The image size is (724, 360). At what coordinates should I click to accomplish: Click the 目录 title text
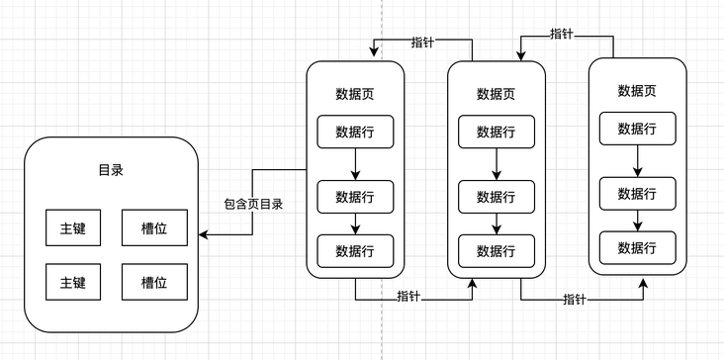(111, 170)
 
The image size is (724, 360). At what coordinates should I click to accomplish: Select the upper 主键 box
(73, 227)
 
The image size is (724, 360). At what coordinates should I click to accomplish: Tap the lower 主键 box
(73, 282)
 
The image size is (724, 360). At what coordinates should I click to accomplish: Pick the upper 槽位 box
(154, 227)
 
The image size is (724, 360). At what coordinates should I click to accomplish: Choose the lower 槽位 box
(154, 282)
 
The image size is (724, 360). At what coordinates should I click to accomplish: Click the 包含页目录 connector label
(253, 205)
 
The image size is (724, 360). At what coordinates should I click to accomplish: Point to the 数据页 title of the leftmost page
(355, 95)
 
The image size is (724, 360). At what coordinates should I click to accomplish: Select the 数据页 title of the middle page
(496, 95)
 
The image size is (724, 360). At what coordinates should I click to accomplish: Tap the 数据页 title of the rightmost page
(637, 91)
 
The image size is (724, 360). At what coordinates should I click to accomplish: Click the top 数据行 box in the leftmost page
(355, 133)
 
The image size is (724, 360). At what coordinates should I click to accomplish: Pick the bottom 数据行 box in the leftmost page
(355, 250)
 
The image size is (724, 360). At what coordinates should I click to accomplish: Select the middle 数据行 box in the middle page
(496, 197)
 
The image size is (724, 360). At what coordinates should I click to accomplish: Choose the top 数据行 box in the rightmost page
(637, 128)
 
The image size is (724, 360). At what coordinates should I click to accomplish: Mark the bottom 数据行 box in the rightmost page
(637, 246)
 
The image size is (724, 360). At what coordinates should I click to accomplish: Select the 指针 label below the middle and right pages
(577, 299)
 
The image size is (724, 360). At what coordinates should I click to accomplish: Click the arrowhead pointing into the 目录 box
(203, 235)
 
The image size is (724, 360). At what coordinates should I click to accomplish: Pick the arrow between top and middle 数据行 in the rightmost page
(637, 160)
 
